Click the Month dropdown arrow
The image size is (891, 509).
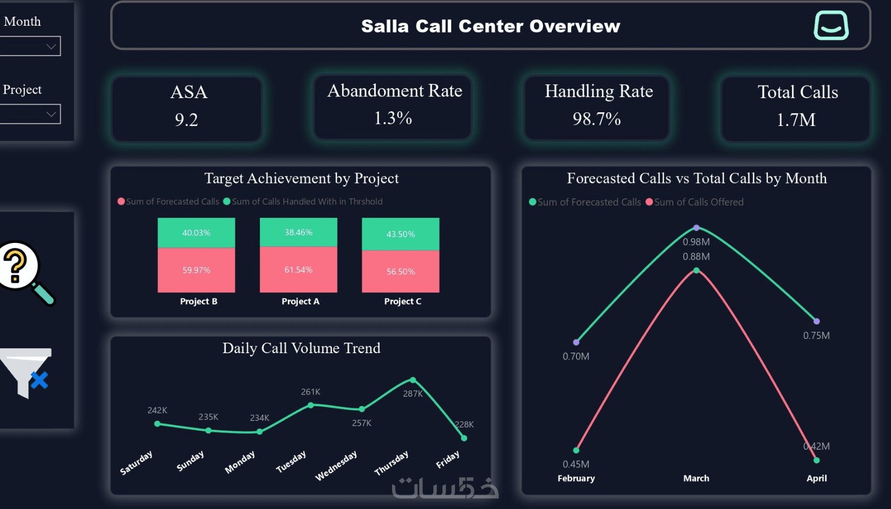coord(51,46)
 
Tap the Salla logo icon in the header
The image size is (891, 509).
coord(831,26)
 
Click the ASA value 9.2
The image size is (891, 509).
coord(187,120)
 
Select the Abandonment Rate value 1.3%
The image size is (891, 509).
coord(393,118)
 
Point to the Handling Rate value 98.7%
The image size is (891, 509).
coord(596,119)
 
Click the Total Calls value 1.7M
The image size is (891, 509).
coord(796,120)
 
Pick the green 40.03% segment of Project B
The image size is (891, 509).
coord(196,232)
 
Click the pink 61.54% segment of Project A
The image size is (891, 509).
coord(298,270)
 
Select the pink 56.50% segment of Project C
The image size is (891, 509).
coord(400,271)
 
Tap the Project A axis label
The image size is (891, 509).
coord(300,301)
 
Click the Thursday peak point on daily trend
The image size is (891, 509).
coord(413,380)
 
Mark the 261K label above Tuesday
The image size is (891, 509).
coord(310,392)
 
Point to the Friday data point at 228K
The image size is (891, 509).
coord(464,438)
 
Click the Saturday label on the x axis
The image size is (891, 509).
coord(136,462)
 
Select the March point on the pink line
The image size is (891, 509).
coord(696,271)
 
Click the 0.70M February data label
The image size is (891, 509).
coord(576,356)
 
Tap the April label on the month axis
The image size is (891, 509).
coord(817,478)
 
